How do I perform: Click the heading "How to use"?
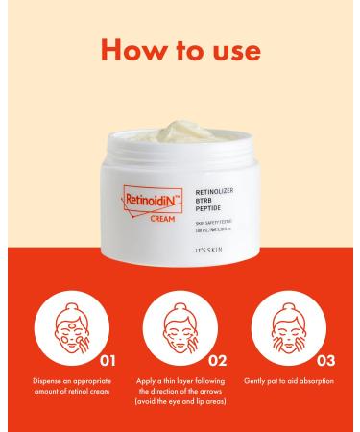coord(180,49)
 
